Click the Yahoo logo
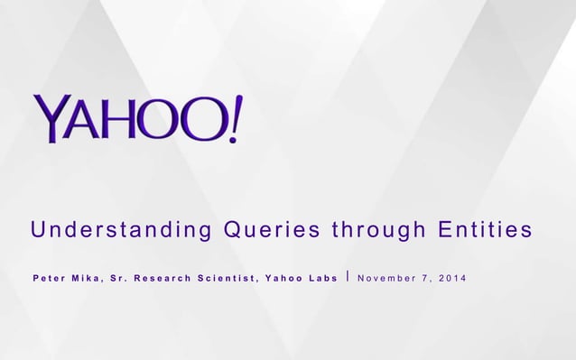point(138,118)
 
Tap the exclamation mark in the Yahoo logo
point(235,117)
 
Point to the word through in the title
point(379,232)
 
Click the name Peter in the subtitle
point(50,277)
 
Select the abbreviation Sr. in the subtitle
point(119,277)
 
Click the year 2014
point(454,277)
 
